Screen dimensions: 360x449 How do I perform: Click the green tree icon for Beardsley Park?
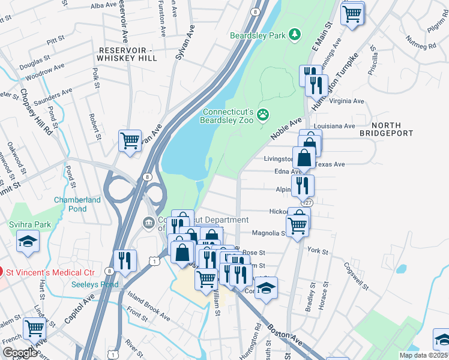tap(294, 35)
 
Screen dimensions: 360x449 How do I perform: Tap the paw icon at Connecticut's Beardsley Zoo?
tap(263, 114)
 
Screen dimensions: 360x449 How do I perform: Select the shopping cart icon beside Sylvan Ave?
tap(130, 141)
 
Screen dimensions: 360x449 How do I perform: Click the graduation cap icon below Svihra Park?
tap(28, 242)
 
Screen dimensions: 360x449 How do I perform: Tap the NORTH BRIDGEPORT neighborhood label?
tap(393, 129)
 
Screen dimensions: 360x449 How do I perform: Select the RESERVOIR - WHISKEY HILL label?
tap(128, 54)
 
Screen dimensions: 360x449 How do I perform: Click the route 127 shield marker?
tap(307, 203)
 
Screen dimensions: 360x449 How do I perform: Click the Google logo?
tap(20, 353)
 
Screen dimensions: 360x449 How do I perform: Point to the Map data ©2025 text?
tap(423, 355)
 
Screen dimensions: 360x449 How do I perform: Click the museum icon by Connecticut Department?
tap(148, 223)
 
